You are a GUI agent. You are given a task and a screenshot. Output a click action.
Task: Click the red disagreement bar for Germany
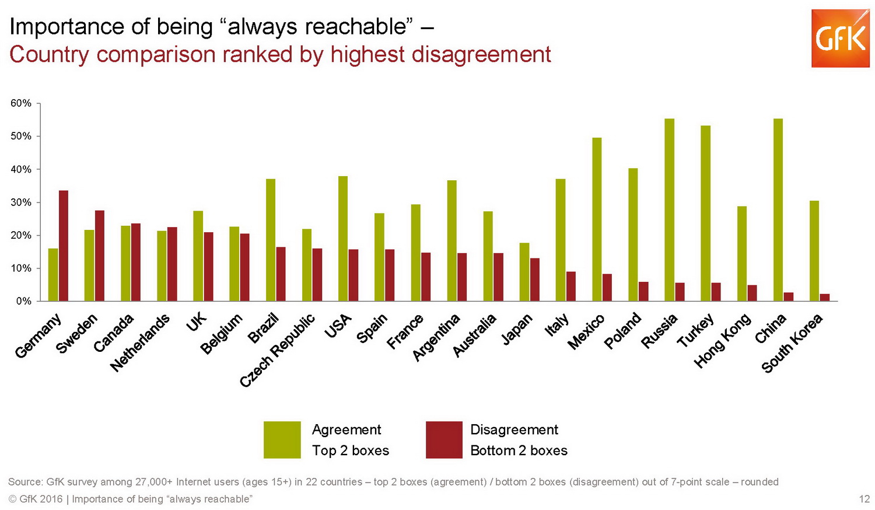64,246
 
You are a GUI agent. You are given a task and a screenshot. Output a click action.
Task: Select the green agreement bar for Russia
669,210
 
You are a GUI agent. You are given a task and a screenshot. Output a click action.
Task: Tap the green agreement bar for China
778,210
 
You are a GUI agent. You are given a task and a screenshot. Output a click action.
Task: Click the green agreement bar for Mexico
597,219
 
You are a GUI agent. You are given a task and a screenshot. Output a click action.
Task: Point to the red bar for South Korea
824,297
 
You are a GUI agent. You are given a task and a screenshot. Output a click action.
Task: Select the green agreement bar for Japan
524,272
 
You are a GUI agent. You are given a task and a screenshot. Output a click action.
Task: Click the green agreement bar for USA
343,239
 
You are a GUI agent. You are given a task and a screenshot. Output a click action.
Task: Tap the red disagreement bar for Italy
571,287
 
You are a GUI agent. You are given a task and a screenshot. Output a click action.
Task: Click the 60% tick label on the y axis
21,103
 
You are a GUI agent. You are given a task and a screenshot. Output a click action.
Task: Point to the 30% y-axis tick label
21,202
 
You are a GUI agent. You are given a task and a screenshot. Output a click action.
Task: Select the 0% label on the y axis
23,301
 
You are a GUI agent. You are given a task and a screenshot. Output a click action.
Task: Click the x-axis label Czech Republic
278,350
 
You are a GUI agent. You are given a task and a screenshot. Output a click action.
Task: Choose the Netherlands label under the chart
141,343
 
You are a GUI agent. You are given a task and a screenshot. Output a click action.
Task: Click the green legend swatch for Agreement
282,439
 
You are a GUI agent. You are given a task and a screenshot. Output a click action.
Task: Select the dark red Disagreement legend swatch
444,439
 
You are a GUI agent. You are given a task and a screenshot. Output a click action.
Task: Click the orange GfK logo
840,39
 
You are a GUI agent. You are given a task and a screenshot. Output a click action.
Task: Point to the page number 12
864,499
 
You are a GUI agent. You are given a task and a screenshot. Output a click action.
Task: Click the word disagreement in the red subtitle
481,54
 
